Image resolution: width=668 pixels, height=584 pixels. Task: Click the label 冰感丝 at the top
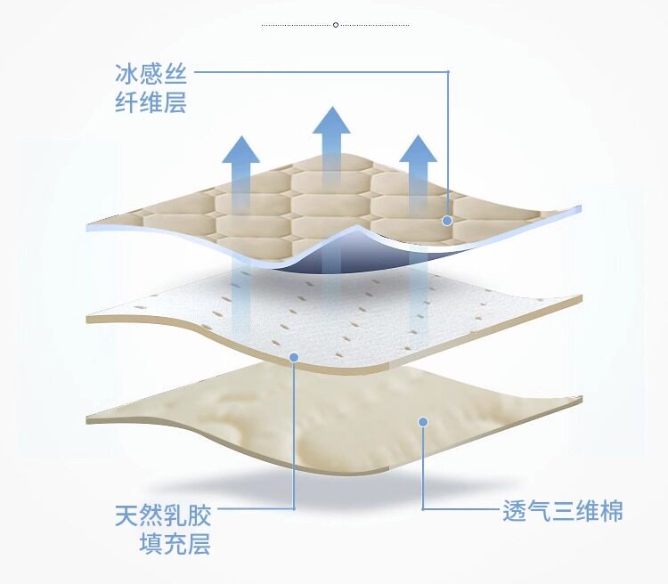[x=151, y=71]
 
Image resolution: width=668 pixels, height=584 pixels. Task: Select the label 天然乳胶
[x=163, y=516]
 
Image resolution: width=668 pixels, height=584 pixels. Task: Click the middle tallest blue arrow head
[x=331, y=120]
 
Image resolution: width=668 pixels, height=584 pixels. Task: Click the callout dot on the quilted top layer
[x=447, y=220]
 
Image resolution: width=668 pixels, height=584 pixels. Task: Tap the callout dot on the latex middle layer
[x=294, y=357]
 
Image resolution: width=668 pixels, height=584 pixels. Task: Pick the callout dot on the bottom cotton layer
[x=424, y=422]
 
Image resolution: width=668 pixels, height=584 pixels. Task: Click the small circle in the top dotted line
[x=336, y=25]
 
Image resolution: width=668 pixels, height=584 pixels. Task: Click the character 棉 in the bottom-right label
[x=611, y=511]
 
